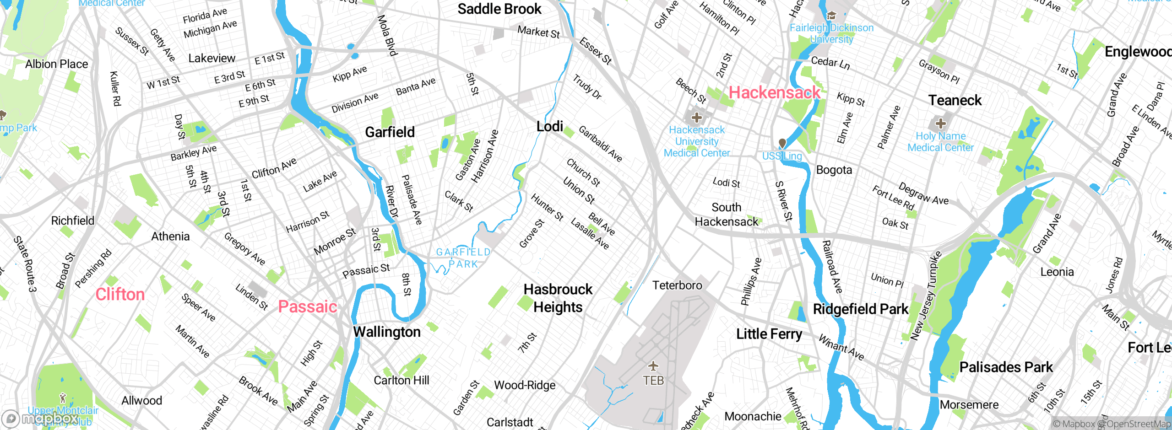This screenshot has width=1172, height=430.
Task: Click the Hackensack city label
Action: pos(774,93)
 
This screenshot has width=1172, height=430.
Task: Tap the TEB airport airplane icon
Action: pos(653,366)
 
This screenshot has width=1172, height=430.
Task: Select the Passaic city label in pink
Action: pos(308,306)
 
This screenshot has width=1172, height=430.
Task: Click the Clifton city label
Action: pos(120,294)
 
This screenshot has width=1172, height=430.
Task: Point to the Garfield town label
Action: pos(390,132)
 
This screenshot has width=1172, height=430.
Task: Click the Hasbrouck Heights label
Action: pos(558,298)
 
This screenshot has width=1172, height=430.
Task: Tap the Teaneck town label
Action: pos(955,100)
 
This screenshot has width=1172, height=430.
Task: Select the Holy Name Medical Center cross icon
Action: pos(940,124)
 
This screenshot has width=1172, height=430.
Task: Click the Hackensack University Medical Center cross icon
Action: pos(696,118)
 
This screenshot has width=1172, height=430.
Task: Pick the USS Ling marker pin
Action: pos(782,144)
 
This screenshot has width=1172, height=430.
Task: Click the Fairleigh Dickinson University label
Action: pos(831,33)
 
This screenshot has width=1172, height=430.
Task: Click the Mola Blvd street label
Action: pos(387,35)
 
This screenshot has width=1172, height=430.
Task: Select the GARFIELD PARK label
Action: pos(463,258)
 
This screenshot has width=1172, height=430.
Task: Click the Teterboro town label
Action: pos(677,285)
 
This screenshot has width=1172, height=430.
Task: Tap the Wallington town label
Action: pos(387,332)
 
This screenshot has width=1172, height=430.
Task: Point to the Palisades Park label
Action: pos(1006,367)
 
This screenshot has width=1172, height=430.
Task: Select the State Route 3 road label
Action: pos(25,264)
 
